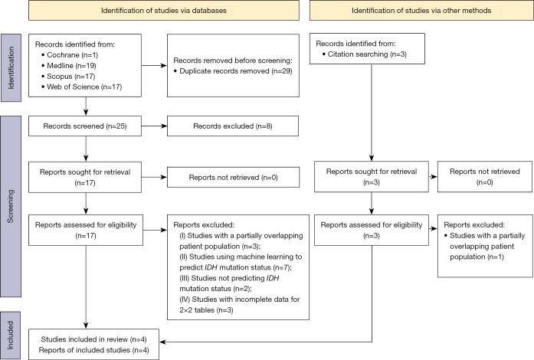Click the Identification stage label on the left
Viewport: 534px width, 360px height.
[x=11, y=67]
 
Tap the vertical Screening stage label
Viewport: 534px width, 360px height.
[x=11, y=206]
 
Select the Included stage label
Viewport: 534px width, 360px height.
[x=11, y=335]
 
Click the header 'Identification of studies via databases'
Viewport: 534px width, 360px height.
[x=164, y=11]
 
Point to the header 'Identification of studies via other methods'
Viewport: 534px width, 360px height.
[x=421, y=11]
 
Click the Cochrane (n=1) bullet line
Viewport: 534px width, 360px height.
[x=70, y=55]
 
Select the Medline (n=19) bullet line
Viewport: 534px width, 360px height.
[x=69, y=65]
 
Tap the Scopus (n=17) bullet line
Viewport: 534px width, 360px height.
[x=68, y=77]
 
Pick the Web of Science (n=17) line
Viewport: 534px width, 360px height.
[x=81, y=87]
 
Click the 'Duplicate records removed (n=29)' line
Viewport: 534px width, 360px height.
[x=233, y=71]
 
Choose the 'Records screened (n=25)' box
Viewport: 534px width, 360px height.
[x=85, y=126]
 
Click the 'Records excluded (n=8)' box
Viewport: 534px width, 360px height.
[x=233, y=126]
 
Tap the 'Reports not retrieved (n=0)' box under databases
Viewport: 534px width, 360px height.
[x=233, y=177]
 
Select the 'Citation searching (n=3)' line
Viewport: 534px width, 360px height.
[x=365, y=54]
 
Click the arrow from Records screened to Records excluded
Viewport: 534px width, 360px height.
[x=154, y=126]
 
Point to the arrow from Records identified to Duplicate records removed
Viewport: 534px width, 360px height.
[x=154, y=65]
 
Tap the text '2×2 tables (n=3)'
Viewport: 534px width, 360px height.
[x=206, y=310]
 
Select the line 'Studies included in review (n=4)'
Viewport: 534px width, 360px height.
[x=94, y=339]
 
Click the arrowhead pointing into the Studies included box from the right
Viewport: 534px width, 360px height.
[x=162, y=342]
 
